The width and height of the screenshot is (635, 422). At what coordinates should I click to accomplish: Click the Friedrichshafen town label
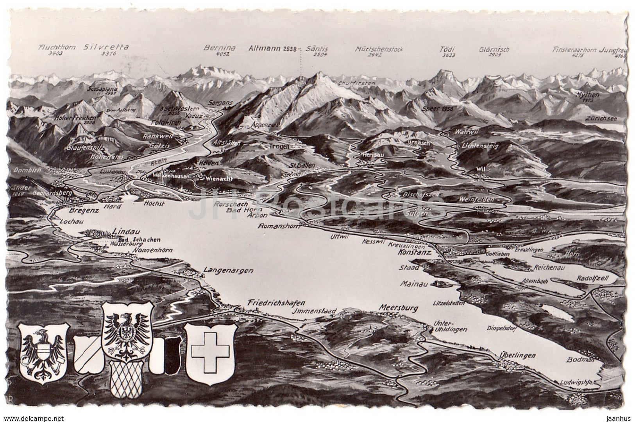(276, 303)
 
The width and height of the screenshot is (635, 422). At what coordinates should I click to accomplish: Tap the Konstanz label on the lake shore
(415, 253)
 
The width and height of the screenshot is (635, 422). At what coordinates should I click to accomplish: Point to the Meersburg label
(398, 308)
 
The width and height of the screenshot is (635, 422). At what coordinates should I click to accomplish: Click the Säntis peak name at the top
(317, 49)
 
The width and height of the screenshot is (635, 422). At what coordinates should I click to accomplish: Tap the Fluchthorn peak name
(56, 48)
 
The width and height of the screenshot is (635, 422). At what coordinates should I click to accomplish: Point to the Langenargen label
(229, 270)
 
